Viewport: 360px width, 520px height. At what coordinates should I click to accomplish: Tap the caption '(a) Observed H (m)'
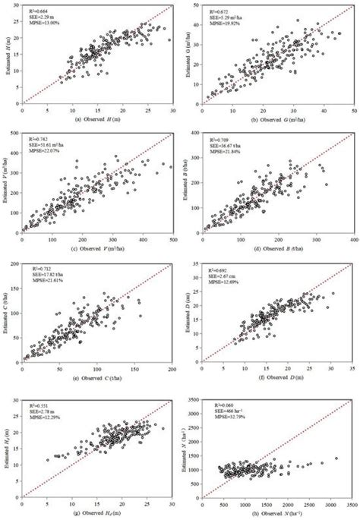pyautogui.click(x=99, y=120)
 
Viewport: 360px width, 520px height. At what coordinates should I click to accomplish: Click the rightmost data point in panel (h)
pyautogui.click(x=336, y=459)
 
